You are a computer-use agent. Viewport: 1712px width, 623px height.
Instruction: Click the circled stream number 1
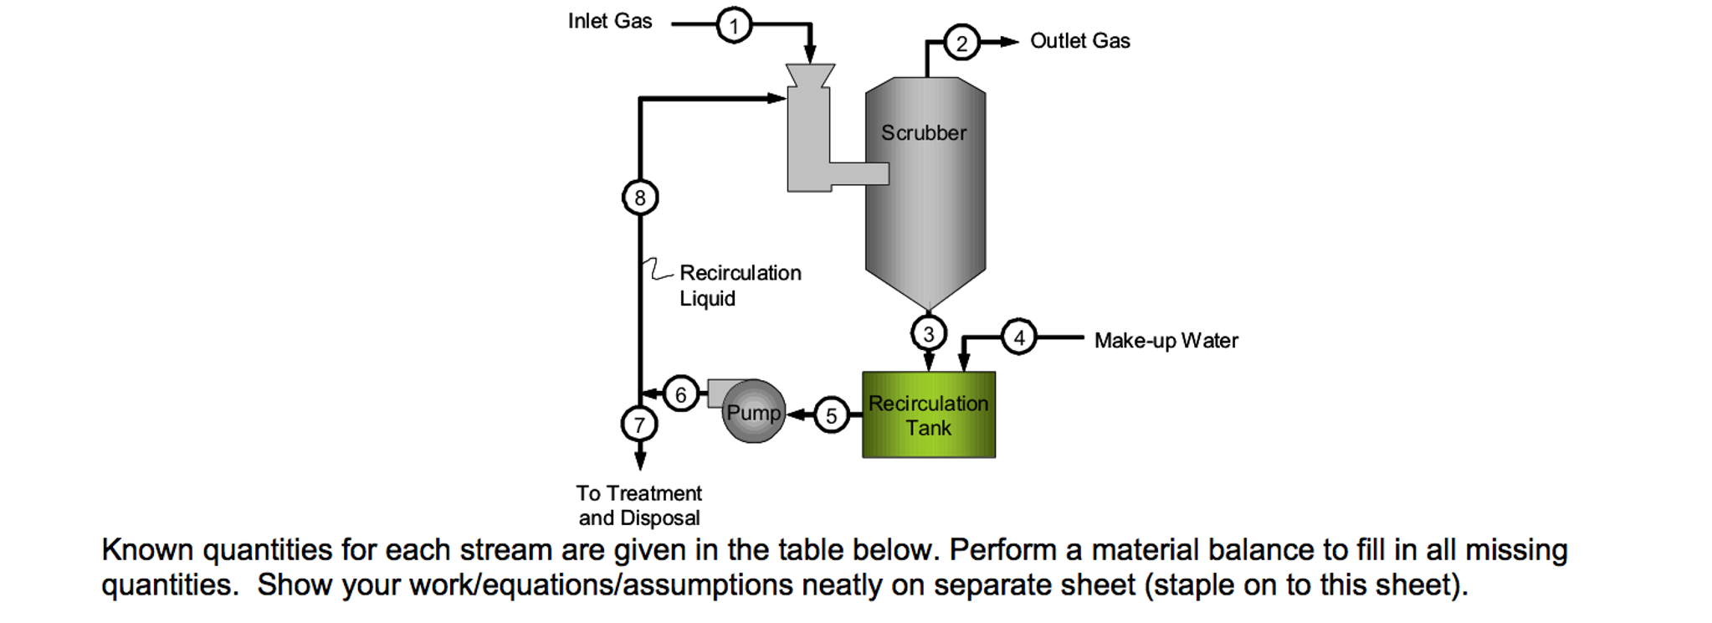(734, 25)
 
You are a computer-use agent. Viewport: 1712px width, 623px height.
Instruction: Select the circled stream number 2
(961, 43)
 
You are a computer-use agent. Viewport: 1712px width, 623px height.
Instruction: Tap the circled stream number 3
(928, 333)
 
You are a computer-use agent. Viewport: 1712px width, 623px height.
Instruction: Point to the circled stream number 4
(1018, 337)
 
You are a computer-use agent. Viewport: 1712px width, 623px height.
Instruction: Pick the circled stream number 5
(831, 415)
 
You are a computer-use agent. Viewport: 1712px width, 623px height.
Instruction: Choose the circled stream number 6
(680, 394)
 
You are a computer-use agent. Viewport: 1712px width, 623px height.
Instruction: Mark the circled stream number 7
(639, 425)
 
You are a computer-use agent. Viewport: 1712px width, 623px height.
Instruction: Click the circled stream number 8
(640, 198)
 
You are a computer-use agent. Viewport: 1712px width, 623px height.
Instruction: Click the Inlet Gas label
(609, 22)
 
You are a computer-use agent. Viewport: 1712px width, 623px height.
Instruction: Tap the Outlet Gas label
(1079, 41)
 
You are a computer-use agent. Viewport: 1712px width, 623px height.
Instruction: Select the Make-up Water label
(1166, 341)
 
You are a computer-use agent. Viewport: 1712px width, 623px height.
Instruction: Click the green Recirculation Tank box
(929, 415)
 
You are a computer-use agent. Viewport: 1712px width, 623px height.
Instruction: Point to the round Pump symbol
(753, 412)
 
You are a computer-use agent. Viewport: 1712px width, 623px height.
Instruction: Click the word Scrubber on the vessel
(923, 133)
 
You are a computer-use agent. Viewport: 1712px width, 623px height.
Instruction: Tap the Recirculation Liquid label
(740, 286)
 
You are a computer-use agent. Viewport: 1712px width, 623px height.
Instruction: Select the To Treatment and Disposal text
(639, 505)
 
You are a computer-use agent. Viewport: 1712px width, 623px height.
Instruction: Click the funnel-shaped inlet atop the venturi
(810, 75)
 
